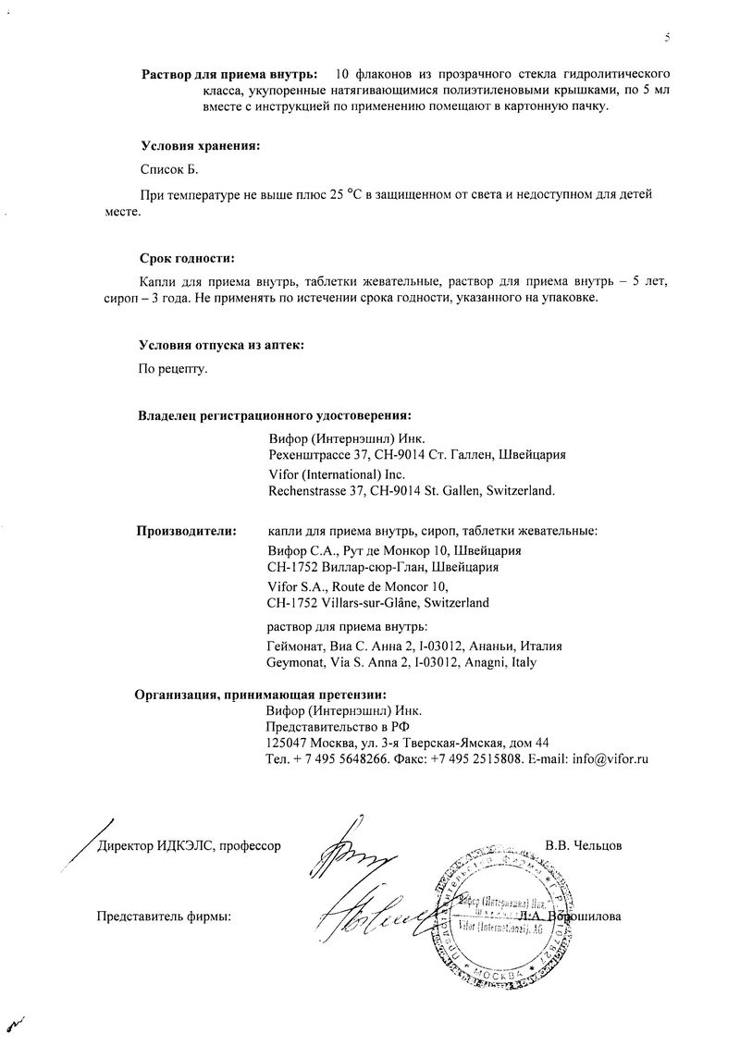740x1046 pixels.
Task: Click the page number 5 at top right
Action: click(x=666, y=37)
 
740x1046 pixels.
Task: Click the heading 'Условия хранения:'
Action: click(x=200, y=145)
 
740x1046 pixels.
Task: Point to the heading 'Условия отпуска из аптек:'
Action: click(x=221, y=345)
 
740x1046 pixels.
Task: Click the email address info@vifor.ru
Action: click(x=610, y=759)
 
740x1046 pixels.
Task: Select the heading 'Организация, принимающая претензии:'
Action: click(x=261, y=695)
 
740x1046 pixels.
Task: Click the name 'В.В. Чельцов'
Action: click(x=584, y=845)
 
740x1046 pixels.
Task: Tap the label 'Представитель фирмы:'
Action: click(x=164, y=917)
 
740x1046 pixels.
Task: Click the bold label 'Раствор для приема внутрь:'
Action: click(x=228, y=73)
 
